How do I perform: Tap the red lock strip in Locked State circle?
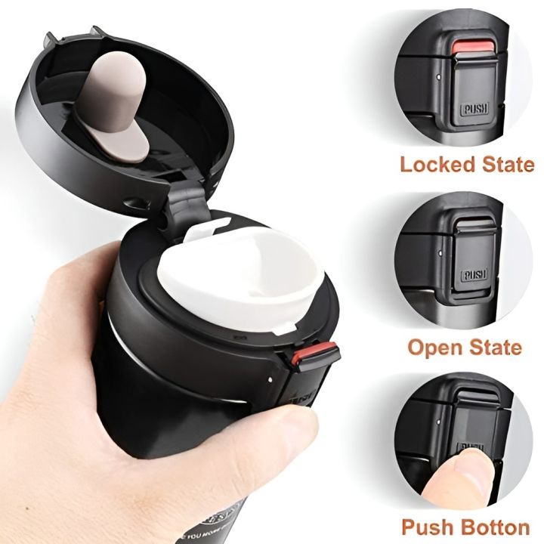[474, 48]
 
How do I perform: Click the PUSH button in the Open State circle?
[474, 274]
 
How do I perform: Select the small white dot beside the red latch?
[271, 373]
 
